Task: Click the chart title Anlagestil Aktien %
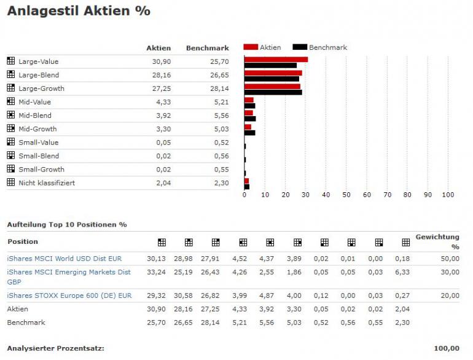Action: pyautogui.click(x=79, y=11)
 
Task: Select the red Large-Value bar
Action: pyautogui.click(x=276, y=59)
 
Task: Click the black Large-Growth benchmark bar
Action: pyautogui.click(x=273, y=92)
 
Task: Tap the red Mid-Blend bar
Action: pyautogui.click(x=249, y=113)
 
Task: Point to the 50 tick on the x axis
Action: pyautogui.click(x=346, y=195)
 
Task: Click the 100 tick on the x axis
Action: pyautogui.click(x=447, y=195)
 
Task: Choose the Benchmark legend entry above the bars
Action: pyautogui.click(x=327, y=47)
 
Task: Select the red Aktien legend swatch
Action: pyautogui.click(x=251, y=47)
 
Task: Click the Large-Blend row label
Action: pyautogui.click(x=39, y=75)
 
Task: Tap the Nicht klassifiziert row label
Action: pyautogui.click(x=47, y=183)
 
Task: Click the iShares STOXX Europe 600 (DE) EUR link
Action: pyautogui.click(x=69, y=295)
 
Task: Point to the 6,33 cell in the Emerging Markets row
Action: pyautogui.click(x=403, y=272)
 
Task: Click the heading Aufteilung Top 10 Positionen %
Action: pyautogui.click(x=67, y=225)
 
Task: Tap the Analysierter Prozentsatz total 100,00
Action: pyautogui.click(x=446, y=348)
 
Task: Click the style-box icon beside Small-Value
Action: pyautogui.click(x=10, y=142)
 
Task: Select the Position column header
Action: pyautogui.click(x=23, y=241)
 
